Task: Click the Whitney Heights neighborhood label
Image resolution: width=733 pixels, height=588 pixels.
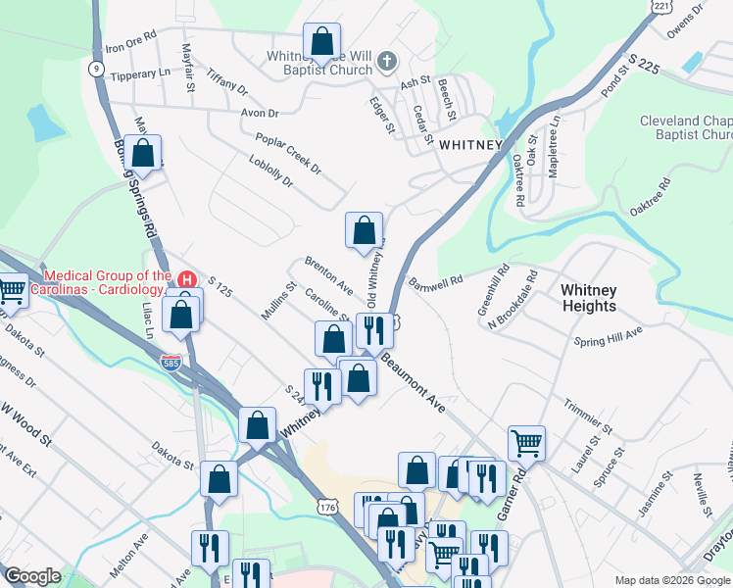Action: coord(588,298)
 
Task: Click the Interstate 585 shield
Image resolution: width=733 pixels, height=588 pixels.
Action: coord(170,363)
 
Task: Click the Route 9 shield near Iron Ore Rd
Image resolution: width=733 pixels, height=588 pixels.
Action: coord(95,68)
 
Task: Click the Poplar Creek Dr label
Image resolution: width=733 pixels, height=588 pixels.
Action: coord(288,154)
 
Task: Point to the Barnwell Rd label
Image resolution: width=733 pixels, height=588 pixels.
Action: coord(436,282)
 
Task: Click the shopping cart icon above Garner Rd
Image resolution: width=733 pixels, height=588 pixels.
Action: coord(526,442)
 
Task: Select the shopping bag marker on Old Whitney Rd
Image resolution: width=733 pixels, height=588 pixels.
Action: coord(364,230)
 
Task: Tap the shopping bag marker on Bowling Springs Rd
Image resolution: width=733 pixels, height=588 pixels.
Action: coord(143,154)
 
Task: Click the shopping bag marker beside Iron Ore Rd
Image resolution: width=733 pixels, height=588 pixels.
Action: coord(321,42)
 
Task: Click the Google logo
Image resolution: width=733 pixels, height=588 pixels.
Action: coord(33,576)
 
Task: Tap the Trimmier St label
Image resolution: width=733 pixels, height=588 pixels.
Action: coord(589,416)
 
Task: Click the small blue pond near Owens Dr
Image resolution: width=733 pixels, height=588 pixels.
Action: coord(691,62)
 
